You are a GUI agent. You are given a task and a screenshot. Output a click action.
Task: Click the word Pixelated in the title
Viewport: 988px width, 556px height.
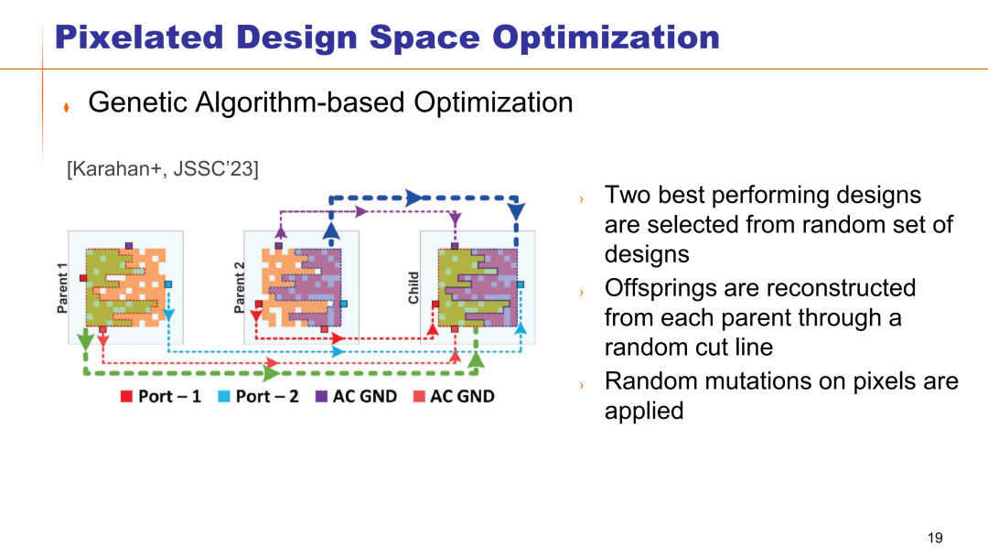click(139, 37)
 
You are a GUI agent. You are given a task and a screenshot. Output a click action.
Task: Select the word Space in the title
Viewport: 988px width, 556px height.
click(424, 38)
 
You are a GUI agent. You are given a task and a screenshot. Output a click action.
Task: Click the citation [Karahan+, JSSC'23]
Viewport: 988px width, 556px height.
click(163, 169)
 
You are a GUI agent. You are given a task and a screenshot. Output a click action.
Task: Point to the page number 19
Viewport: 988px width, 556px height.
click(935, 538)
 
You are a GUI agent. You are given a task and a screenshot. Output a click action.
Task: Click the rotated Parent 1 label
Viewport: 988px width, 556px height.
click(62, 288)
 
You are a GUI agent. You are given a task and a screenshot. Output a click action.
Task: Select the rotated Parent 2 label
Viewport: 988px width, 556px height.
click(239, 288)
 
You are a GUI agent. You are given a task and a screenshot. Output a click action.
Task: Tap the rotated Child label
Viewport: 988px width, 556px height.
click(413, 288)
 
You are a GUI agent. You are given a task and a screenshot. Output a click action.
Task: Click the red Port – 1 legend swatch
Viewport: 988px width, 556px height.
click(126, 396)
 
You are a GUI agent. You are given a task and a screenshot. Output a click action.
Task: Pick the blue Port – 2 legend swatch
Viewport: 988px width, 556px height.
click(224, 396)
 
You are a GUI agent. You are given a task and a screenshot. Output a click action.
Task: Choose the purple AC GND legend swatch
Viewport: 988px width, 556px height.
click(321, 396)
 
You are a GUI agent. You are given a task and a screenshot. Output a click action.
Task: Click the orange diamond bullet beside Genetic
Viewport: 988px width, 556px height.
click(66, 108)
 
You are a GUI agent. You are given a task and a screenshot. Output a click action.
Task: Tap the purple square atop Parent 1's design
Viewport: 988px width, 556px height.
click(129, 246)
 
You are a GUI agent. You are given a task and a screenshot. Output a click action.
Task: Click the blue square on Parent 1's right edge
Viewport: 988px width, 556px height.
click(168, 284)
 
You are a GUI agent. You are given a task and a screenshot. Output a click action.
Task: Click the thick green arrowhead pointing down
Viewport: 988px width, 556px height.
click(86, 341)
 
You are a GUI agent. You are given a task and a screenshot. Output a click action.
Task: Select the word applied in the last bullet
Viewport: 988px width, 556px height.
click(644, 412)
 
